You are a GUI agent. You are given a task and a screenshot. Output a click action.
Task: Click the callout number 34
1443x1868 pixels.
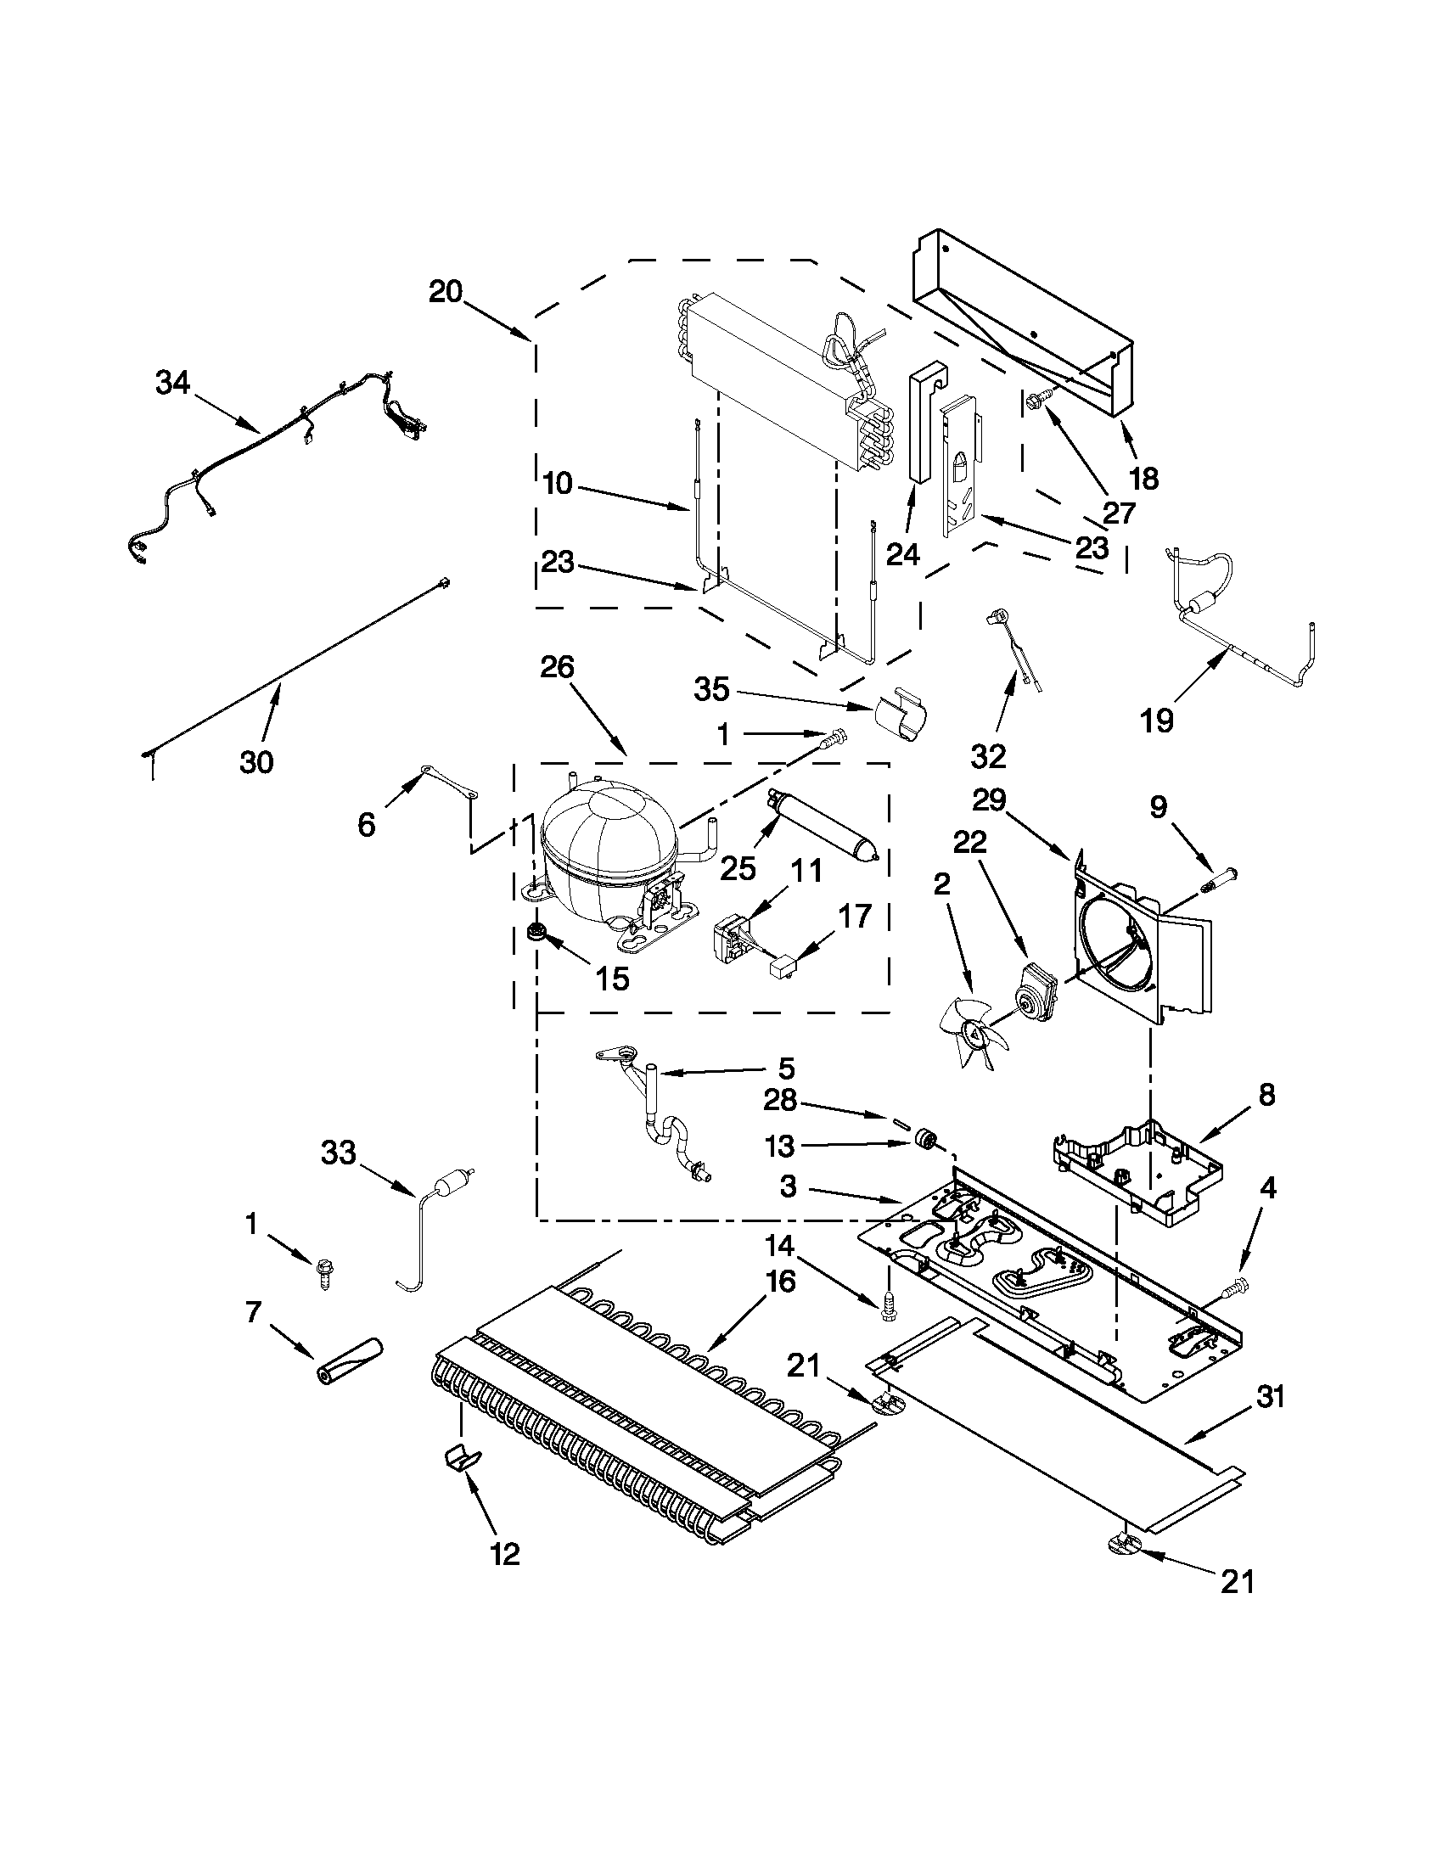tap(173, 383)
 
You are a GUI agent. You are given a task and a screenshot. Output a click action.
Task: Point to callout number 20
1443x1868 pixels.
tap(446, 293)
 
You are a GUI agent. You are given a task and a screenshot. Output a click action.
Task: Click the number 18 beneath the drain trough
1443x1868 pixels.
tap(1143, 478)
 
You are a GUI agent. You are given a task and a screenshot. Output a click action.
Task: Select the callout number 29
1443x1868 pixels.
tap(991, 800)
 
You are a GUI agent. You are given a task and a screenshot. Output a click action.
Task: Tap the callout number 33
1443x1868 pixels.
tap(338, 1152)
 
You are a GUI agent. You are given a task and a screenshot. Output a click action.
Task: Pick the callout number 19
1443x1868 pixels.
tap(1155, 721)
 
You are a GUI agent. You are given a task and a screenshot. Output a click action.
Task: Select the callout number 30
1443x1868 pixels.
tap(256, 760)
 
